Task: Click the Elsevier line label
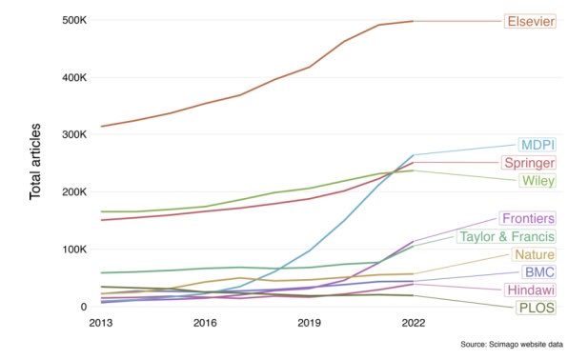[530, 21]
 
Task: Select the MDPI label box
[538, 145]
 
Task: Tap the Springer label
[529, 163]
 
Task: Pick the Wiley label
[538, 181]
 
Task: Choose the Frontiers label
[528, 218]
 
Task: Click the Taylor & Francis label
[506, 236]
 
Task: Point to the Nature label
[534, 254]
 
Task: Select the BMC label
[539, 272]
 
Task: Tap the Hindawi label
[530, 290]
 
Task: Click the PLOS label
[537, 308]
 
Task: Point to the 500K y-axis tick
[74, 20]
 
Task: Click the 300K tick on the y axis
[74, 134]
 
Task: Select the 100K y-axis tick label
[74, 250]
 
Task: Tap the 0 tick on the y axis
[84, 307]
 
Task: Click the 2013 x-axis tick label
[101, 323]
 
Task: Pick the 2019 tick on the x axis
[309, 323]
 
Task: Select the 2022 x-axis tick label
[414, 323]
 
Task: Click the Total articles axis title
[35, 162]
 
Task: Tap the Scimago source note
[512, 344]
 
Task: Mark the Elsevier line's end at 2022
[414, 21]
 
